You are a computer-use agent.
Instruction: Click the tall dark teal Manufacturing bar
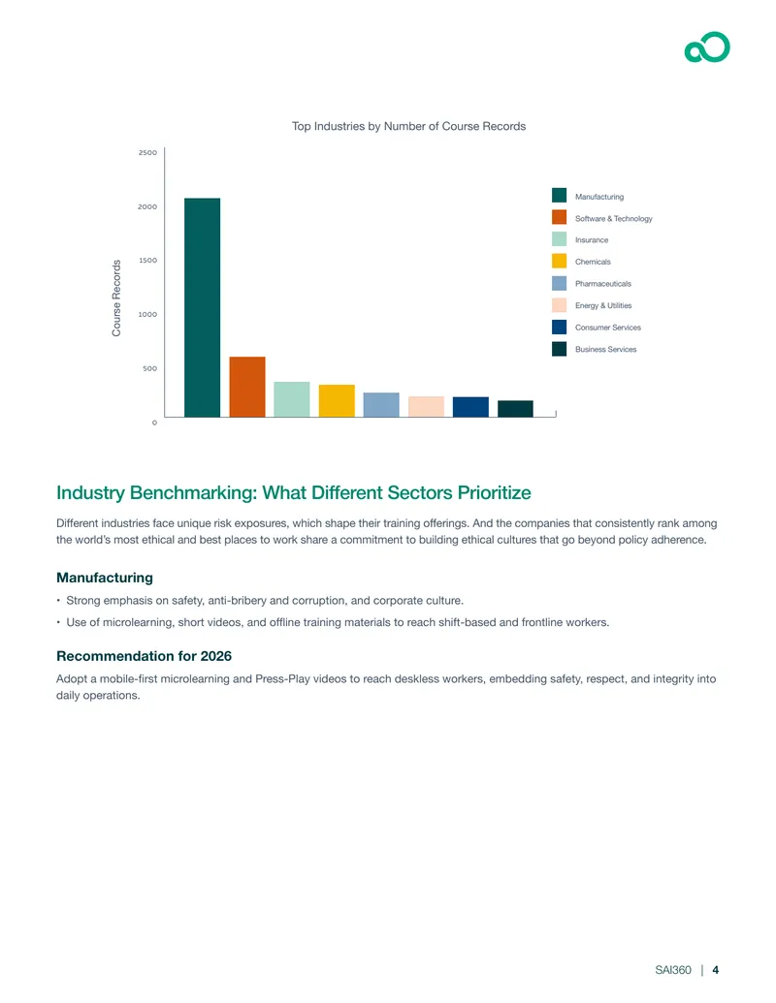click(x=203, y=307)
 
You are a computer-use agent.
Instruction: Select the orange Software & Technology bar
click(x=247, y=387)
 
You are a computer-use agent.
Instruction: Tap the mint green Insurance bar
click(x=292, y=399)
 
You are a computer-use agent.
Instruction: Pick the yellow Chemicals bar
click(x=337, y=401)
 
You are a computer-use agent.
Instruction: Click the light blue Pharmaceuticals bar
click(x=381, y=405)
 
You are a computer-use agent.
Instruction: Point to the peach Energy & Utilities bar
click(x=427, y=407)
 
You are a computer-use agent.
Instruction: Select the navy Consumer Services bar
click(x=470, y=407)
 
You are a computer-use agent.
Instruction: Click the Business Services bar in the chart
click(x=515, y=409)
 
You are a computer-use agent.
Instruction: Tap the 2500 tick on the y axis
click(x=147, y=153)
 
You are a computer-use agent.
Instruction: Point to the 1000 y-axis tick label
click(x=147, y=315)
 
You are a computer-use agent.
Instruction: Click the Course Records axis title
click(x=116, y=298)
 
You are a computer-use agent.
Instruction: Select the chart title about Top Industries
click(x=409, y=127)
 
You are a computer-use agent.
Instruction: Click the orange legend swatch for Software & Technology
click(x=559, y=217)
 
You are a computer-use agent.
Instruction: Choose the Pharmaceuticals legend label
click(x=603, y=284)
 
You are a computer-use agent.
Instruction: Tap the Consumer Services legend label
click(x=608, y=328)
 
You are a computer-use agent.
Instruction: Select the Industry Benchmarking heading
click(x=294, y=493)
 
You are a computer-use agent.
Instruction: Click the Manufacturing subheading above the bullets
click(x=105, y=579)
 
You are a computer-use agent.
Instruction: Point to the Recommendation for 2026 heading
click(x=145, y=656)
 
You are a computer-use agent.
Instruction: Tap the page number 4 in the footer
click(x=716, y=970)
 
